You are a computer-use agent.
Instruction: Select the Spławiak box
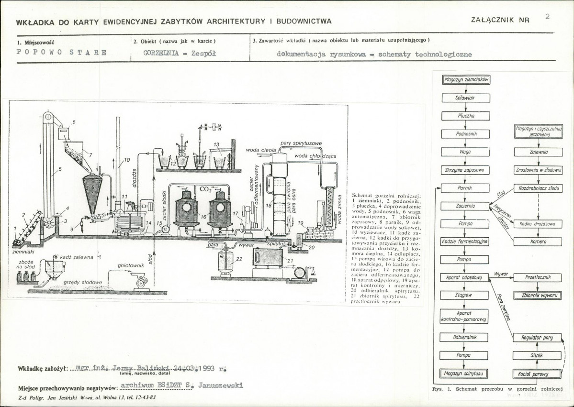tap(465, 98)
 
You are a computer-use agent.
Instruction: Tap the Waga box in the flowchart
tap(465, 152)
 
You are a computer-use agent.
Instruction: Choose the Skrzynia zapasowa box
tap(465, 170)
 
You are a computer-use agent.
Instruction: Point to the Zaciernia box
tap(465, 206)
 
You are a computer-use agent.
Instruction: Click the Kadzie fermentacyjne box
tap(465, 242)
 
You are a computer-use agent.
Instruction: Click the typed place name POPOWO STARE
tap(62, 53)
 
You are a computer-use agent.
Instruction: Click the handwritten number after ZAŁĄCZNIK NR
tap(547, 17)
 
